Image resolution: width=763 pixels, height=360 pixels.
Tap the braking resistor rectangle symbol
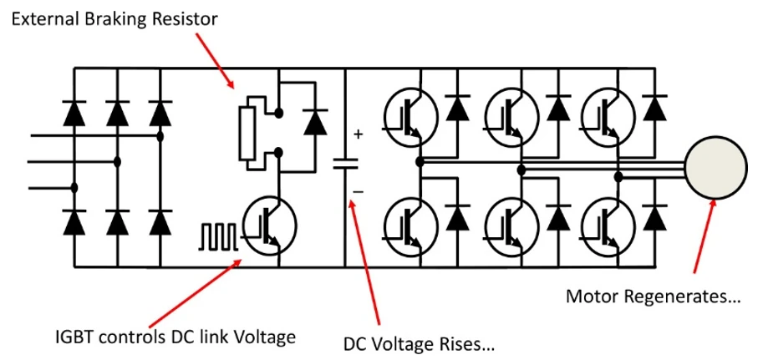point(247,133)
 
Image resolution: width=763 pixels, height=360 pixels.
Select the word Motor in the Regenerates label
point(588,296)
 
